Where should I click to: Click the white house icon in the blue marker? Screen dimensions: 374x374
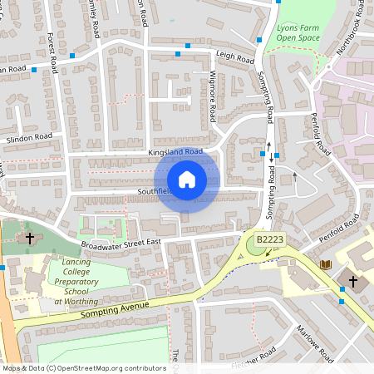[187, 180]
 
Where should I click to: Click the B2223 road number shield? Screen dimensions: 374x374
[269, 239]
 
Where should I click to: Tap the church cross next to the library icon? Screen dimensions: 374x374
[352, 282]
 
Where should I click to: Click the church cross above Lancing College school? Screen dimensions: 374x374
[30, 239]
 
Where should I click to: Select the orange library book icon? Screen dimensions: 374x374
[325, 264]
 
